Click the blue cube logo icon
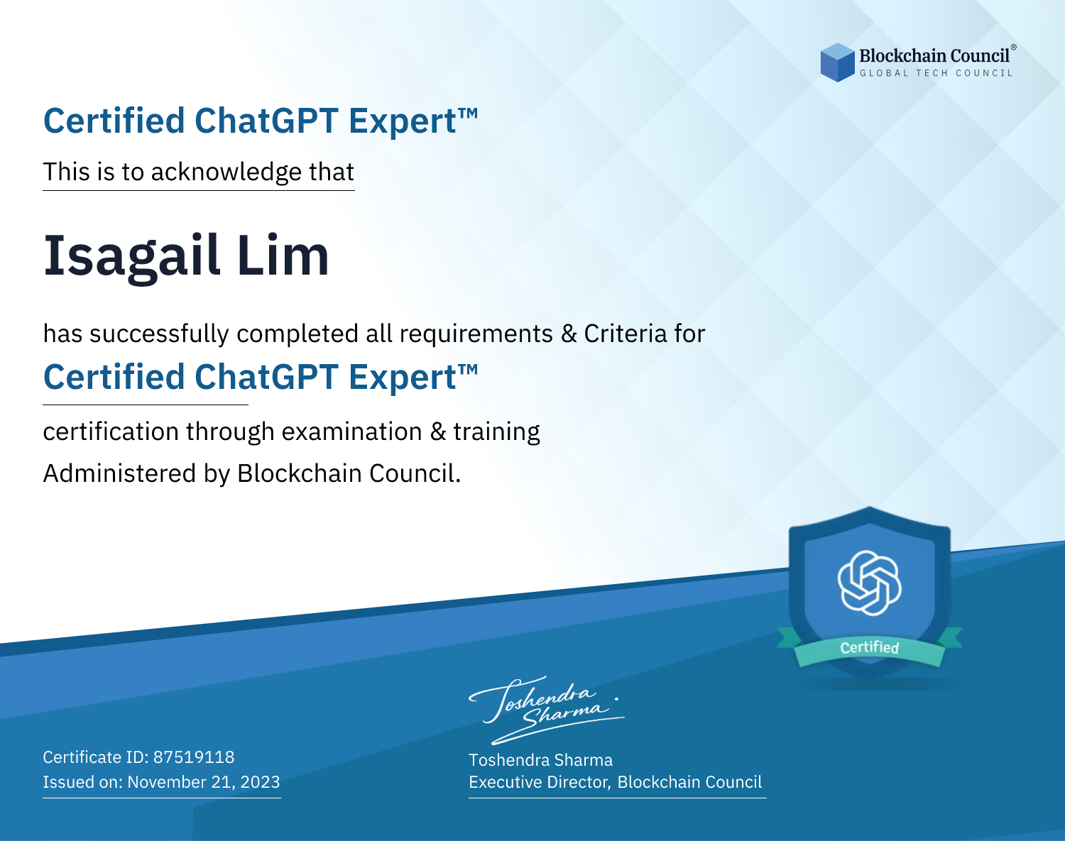point(837,62)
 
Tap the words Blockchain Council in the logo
point(934,56)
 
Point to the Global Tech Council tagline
point(936,73)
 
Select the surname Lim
point(283,255)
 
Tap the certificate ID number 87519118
point(194,757)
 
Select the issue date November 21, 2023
point(203,782)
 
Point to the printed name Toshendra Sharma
point(540,760)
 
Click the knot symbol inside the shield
point(870,583)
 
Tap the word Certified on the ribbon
point(870,647)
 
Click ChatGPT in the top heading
point(266,121)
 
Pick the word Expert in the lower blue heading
point(402,378)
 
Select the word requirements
point(476,334)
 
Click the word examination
point(351,432)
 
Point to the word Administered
point(120,473)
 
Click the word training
point(496,432)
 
